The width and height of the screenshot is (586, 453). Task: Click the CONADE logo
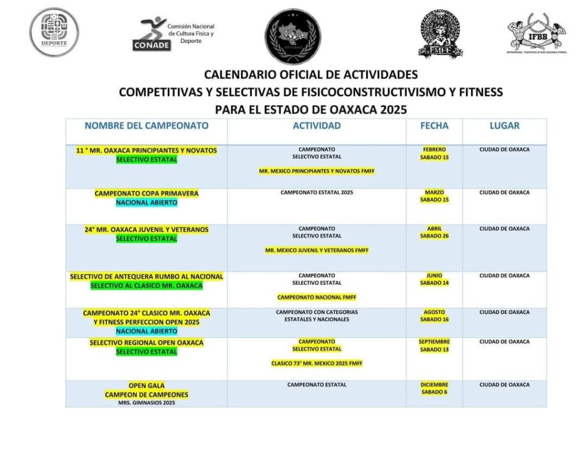coord(173,34)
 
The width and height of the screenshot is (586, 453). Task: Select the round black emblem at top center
coord(292,35)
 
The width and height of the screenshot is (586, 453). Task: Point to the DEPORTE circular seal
coord(54,32)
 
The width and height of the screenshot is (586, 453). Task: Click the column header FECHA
coord(434,126)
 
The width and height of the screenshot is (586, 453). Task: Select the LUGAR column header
coord(504,126)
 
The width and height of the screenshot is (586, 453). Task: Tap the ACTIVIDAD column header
coord(316,126)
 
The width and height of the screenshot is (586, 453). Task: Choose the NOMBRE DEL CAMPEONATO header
coord(146,126)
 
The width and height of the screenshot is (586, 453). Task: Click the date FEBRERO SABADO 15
coord(434,153)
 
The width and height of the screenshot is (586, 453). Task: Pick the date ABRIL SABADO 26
coord(434,232)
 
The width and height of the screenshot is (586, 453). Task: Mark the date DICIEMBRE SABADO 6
coord(434,388)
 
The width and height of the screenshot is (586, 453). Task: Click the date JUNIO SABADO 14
coord(434,279)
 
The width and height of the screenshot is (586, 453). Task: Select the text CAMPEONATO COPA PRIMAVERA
coord(146,193)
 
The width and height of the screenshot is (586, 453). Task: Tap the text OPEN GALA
coord(146,386)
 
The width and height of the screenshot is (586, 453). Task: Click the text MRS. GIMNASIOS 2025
coord(146,403)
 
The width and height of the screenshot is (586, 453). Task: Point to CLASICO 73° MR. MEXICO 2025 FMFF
coord(316,363)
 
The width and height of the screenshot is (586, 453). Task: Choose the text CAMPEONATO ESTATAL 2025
coord(316,193)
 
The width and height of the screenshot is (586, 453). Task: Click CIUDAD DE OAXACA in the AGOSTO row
coord(504,312)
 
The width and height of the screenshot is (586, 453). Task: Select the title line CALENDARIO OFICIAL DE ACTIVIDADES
coord(311,75)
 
